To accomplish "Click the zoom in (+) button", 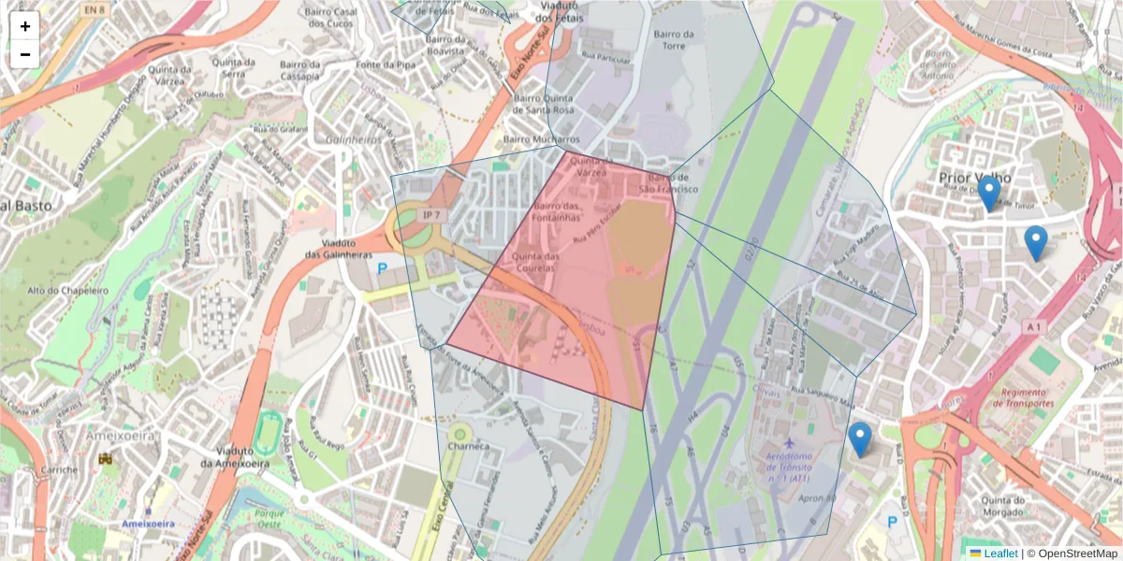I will (25, 26).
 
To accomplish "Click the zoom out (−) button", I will (25, 54).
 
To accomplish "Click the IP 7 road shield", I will (431, 216).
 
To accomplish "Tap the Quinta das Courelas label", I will (536, 263).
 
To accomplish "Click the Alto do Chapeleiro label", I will (68, 291).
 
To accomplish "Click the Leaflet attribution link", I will (1000, 554).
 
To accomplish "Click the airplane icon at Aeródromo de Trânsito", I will (790, 441).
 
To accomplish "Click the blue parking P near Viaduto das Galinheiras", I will (381, 268).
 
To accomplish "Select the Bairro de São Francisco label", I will (673, 182).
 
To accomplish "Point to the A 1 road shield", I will (1033, 326).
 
